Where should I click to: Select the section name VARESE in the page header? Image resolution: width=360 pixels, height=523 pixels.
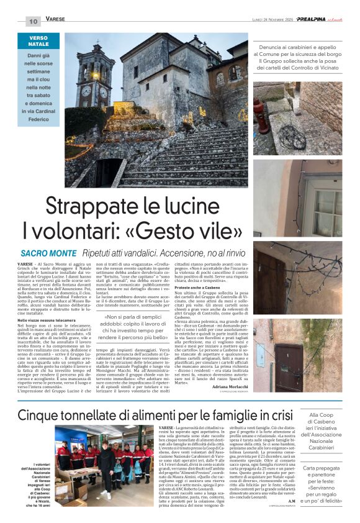pos(56,20)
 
